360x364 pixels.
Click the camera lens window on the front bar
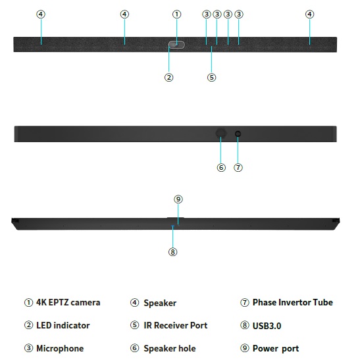pos(176,45)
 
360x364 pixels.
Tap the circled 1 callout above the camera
pos(176,14)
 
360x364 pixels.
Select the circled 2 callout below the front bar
pos(168,77)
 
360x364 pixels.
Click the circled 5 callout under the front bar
pos(211,77)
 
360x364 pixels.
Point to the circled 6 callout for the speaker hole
pos(221,167)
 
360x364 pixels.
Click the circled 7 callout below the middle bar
pos(238,167)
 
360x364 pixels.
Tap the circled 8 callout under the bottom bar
pos(172,252)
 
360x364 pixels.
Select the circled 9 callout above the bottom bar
pos(178,199)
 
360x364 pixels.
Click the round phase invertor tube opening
pos(238,134)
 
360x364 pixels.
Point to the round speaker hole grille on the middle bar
pos(220,133)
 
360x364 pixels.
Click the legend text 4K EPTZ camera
pos(68,303)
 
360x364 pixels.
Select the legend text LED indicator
pos(63,325)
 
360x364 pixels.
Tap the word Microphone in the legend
pos(60,348)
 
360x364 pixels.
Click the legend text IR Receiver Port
pos(176,325)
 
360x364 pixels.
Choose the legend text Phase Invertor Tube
pos(293,303)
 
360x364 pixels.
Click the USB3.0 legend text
pos(267,326)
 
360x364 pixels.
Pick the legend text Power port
pos(276,349)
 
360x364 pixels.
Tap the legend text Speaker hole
pos(170,348)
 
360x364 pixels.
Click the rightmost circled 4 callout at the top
pos(309,14)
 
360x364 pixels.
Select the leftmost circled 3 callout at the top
pos(207,14)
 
